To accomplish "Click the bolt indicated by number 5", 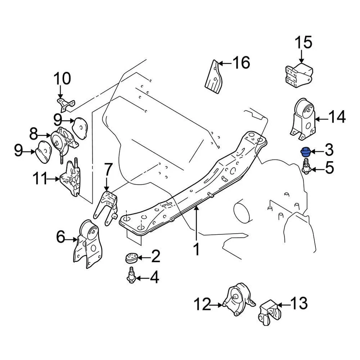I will (x=306, y=167).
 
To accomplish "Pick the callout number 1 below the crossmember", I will (x=196, y=249).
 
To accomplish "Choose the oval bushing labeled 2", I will (x=130, y=258).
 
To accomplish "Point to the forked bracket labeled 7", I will (x=107, y=208).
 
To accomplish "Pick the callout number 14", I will (x=337, y=118).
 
